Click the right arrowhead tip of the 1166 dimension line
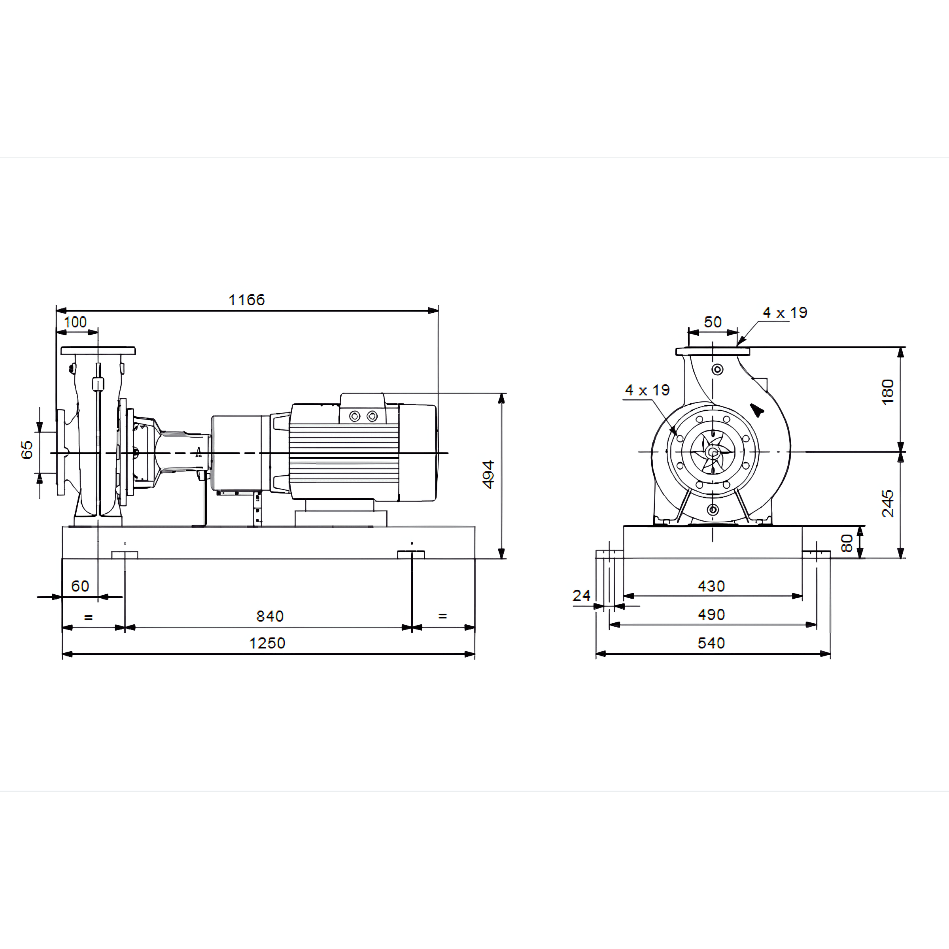438,310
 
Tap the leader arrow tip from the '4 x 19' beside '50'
738,345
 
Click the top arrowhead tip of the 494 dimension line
501,393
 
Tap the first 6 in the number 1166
249,300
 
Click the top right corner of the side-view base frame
475,527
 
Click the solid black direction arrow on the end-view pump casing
757,410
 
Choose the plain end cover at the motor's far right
418,452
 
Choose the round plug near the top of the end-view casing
718,369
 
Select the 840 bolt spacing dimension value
270,616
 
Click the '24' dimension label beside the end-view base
581,596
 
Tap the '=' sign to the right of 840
442,616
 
